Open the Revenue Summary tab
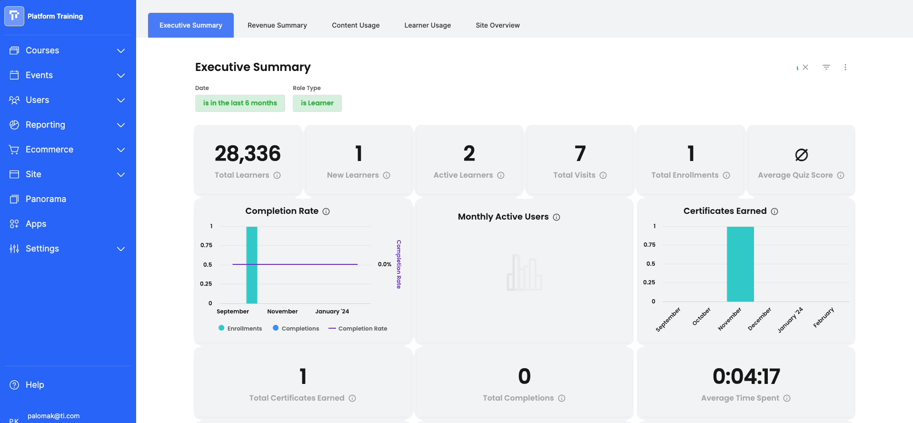(277, 25)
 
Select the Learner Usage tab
(427, 25)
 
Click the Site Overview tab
(497, 25)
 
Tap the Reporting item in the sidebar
(45, 125)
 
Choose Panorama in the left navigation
(46, 199)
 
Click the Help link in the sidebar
(34, 385)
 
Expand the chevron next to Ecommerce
(121, 150)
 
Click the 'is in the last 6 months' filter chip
(240, 103)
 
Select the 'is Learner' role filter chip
(317, 103)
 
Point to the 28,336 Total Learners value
(248, 153)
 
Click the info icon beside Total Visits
(603, 175)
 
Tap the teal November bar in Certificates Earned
(740, 264)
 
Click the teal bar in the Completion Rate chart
(252, 265)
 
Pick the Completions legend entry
(296, 328)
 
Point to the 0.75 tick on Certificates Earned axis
(649, 245)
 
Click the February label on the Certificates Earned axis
(824, 317)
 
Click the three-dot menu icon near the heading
(845, 67)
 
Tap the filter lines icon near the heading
(826, 67)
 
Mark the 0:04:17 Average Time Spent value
(746, 376)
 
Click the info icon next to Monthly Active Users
(556, 217)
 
